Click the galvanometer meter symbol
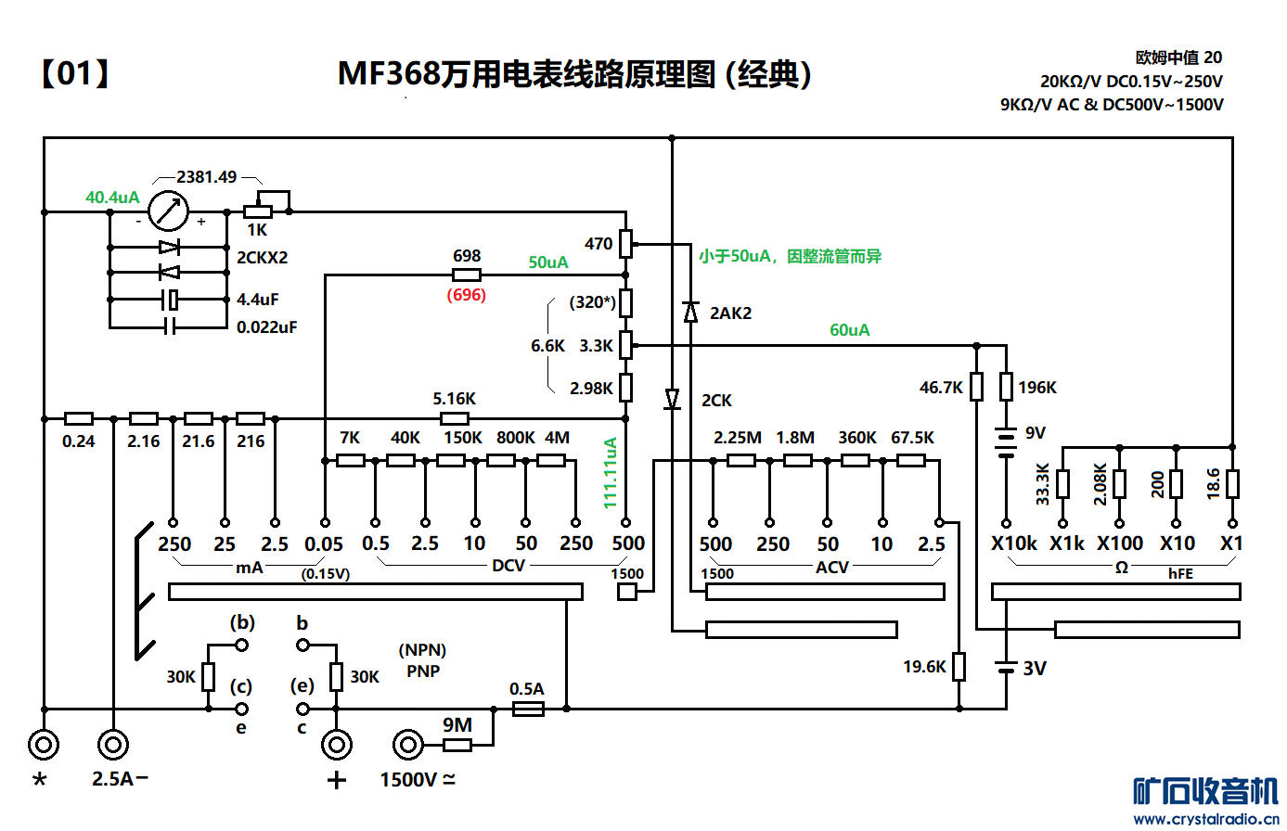pyautogui.click(x=168, y=211)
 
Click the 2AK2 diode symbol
pyautogui.click(x=690, y=313)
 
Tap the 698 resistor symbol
pyautogui.click(x=466, y=275)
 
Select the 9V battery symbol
pyautogui.click(x=1006, y=441)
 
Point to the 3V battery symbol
pyautogui.click(x=1006, y=667)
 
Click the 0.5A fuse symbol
pyautogui.click(x=528, y=709)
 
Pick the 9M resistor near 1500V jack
pyautogui.click(x=457, y=745)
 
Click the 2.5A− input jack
pyautogui.click(x=113, y=744)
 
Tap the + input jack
pyautogui.click(x=337, y=744)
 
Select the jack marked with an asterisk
pyautogui.click(x=44, y=744)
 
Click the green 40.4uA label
pyautogui.click(x=112, y=198)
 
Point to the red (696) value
pyautogui.click(x=466, y=295)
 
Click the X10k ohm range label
pyautogui.click(x=1013, y=543)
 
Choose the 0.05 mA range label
pyautogui.click(x=324, y=544)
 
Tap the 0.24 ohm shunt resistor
pyautogui.click(x=79, y=418)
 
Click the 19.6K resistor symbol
pyautogui.click(x=959, y=666)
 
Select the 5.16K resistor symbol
pyautogui.click(x=454, y=418)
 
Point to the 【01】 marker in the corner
pyautogui.click(x=75, y=73)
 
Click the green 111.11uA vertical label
pyautogui.click(x=611, y=473)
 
